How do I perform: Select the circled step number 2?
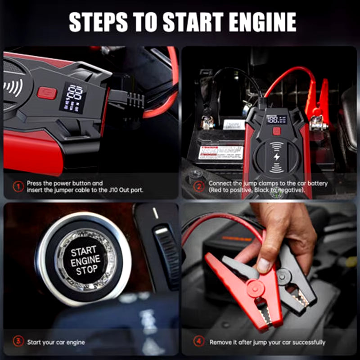click(x=198, y=186)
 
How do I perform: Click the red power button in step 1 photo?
click(x=46, y=93)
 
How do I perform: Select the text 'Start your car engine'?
click(x=56, y=342)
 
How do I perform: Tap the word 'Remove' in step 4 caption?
click(x=220, y=342)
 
